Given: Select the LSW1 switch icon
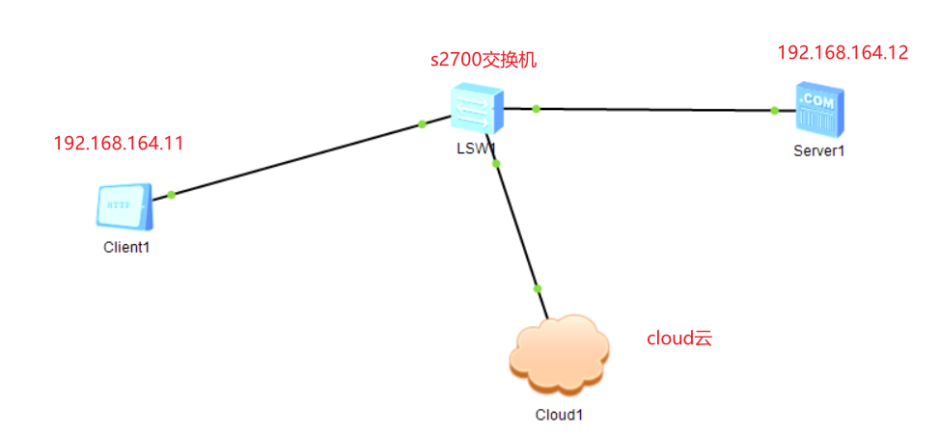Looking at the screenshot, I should coord(477,108).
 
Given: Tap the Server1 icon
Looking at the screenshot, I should coord(818,110).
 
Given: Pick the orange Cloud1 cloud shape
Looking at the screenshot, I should coord(560,354).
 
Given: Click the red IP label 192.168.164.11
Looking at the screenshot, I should coord(118,144).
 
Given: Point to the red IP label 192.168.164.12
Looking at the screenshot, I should coord(843,53).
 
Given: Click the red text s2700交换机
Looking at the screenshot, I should coord(483,60).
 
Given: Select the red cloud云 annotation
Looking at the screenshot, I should coord(678,339).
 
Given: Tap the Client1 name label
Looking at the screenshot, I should coord(127,247).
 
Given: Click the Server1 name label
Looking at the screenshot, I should coord(819,150).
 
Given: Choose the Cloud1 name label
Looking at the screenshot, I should coord(560,416).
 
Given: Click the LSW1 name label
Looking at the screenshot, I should coord(477,149).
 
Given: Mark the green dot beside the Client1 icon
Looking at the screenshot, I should coord(171,195).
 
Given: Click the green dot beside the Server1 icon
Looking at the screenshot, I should coord(775,111).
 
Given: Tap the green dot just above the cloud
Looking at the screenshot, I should coord(538,288).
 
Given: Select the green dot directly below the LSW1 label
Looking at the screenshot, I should coord(496,164).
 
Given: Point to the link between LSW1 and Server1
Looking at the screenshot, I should coord(656,110).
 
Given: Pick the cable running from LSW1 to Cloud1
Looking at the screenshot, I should coord(517,228).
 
